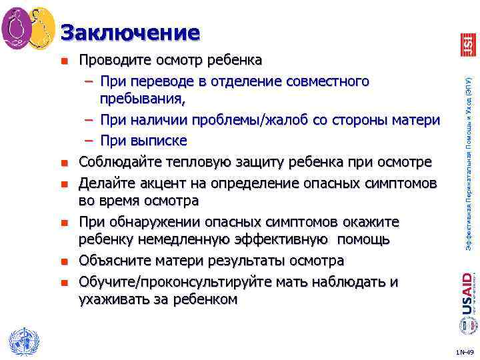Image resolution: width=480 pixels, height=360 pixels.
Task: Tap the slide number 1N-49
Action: tap(464, 351)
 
